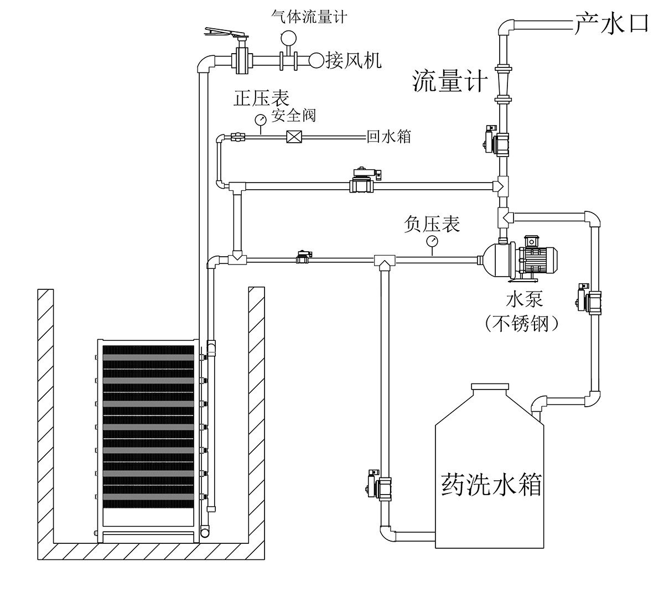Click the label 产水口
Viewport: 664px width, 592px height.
[611, 24]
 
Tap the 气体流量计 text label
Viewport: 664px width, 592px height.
[309, 17]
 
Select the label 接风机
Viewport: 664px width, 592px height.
[353, 61]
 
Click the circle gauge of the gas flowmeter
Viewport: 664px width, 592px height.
[288, 38]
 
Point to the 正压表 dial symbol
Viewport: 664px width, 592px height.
[261, 120]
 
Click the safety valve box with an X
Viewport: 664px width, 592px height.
[294, 137]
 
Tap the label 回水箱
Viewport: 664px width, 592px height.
[388, 136]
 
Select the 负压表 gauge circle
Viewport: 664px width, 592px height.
[432, 241]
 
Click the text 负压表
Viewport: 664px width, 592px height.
[432, 224]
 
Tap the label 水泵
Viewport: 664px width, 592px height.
[525, 300]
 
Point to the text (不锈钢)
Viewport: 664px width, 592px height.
[522, 324]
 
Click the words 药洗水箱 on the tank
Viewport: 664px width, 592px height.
[491, 484]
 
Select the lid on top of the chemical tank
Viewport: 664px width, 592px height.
[490, 387]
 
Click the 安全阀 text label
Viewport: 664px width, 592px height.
[293, 116]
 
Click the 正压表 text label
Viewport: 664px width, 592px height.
[261, 98]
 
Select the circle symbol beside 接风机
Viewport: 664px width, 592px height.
[317, 60]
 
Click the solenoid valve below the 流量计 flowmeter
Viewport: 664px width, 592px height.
[496, 141]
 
